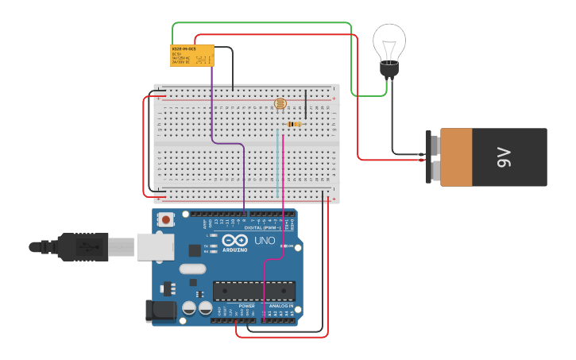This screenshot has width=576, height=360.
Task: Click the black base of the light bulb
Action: click(x=389, y=70)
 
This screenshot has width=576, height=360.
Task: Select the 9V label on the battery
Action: click(x=504, y=157)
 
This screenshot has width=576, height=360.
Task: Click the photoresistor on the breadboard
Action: click(x=279, y=103)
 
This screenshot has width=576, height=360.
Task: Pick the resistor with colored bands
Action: click(x=295, y=124)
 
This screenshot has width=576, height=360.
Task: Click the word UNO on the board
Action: click(x=265, y=240)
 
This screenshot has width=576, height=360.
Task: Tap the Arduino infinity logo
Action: click(x=235, y=240)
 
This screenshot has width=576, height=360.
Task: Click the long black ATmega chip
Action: click(x=253, y=291)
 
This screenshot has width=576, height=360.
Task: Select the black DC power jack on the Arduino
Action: click(x=160, y=311)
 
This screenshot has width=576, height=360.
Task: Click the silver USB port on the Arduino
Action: click(x=155, y=246)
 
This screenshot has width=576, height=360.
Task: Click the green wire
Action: click(x=262, y=23)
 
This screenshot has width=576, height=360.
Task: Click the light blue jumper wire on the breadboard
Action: click(x=277, y=163)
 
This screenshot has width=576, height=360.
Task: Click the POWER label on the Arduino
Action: click(x=246, y=306)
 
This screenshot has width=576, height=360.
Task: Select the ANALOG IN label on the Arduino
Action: click(x=280, y=306)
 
